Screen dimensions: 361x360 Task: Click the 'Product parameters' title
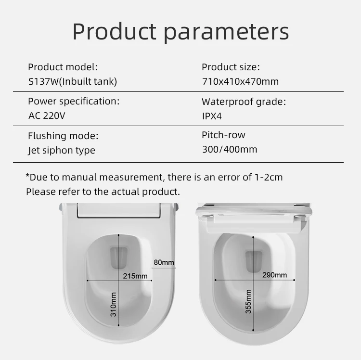coord(180,32)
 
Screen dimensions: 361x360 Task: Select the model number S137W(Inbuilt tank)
coord(73,81)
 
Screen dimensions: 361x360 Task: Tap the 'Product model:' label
coord(63,67)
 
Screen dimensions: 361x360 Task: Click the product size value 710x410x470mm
coord(240,81)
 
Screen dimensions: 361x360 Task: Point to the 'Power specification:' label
coord(74,102)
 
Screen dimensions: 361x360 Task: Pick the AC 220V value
coord(47,116)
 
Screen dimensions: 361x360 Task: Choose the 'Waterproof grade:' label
coord(244,102)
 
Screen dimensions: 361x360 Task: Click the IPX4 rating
coord(212,116)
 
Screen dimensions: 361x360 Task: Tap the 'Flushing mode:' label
coord(63,136)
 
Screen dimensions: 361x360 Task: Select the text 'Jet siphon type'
coord(62,150)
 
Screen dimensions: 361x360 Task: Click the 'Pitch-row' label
coord(223,135)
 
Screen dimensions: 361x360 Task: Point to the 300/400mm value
coord(230,149)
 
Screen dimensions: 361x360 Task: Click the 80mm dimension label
coord(164,262)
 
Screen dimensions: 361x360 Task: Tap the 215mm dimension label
coord(135,276)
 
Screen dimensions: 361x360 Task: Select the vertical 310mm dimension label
coord(113,304)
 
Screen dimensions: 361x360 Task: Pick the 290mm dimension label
coord(275,275)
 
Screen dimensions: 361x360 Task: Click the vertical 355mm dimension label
coord(248,301)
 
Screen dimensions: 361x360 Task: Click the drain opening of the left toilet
coord(119,258)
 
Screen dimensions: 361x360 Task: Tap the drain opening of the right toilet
coord(254,261)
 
